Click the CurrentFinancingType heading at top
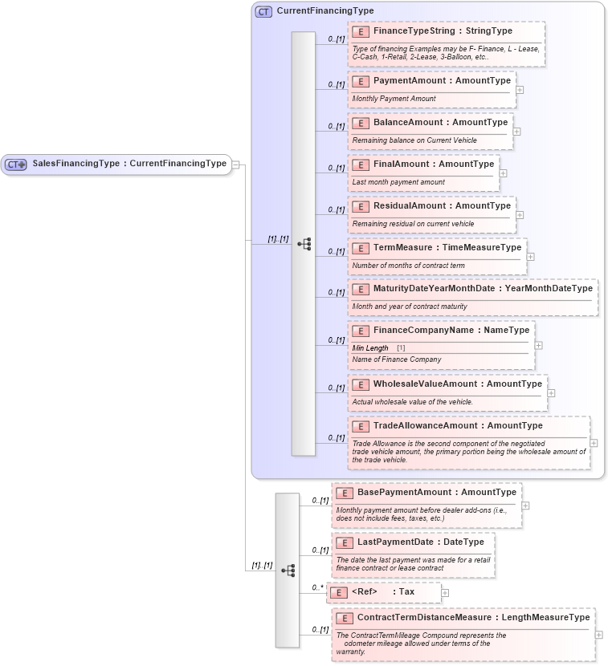(x=324, y=11)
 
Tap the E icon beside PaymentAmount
(x=361, y=81)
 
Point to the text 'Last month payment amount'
(x=398, y=182)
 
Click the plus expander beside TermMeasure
(x=530, y=257)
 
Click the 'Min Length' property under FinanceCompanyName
(x=370, y=347)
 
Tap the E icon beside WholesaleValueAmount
(x=361, y=384)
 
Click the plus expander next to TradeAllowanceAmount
(x=594, y=442)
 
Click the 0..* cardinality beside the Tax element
(x=318, y=588)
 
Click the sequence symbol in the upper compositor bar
(x=304, y=244)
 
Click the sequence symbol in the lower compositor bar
(x=288, y=570)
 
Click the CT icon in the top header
(x=263, y=11)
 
